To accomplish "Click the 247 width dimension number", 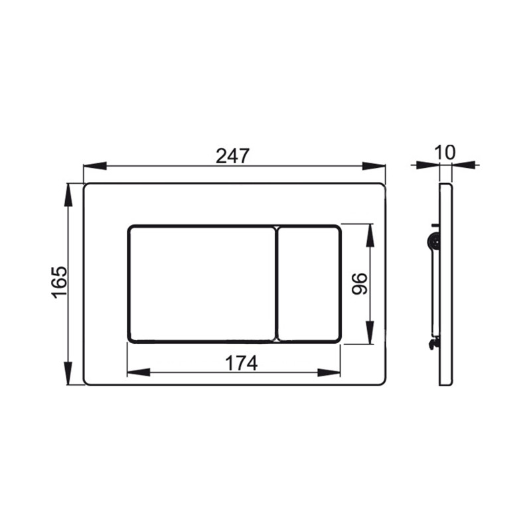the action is pyautogui.click(x=233, y=156).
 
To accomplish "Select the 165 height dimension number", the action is pyautogui.click(x=60, y=283).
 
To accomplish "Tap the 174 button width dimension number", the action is pyautogui.click(x=242, y=363).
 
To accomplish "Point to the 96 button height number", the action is pyautogui.click(x=359, y=284).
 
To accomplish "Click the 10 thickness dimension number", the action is pyautogui.click(x=445, y=153).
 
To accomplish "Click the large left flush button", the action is pyautogui.click(x=202, y=284).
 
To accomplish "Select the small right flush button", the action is pyautogui.click(x=309, y=284).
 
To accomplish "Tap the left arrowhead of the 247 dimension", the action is pyautogui.click(x=95, y=166).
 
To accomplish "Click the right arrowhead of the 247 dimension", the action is pyautogui.click(x=374, y=166).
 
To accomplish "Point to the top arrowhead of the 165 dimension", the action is pyautogui.click(x=68, y=194).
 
